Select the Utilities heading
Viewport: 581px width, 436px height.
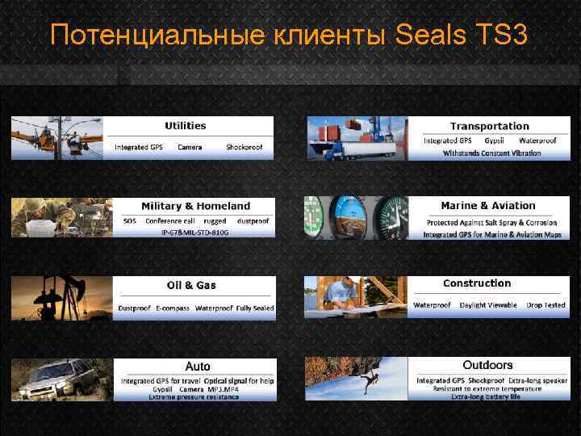click(x=186, y=126)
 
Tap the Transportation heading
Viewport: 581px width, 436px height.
click(x=489, y=126)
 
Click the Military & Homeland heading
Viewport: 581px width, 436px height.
click(x=195, y=206)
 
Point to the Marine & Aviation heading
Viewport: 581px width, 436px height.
click(x=488, y=206)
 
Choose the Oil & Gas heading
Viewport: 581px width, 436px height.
click(x=191, y=285)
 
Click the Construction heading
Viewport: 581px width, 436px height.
click(x=477, y=283)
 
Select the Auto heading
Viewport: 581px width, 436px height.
click(x=198, y=367)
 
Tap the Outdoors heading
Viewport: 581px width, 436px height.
click(x=487, y=366)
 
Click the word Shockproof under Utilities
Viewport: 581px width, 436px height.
click(x=245, y=148)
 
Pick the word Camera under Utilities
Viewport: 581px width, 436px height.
click(x=190, y=148)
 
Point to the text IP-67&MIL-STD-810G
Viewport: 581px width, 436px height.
click(x=194, y=233)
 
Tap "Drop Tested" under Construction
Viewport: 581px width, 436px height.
click(x=545, y=305)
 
